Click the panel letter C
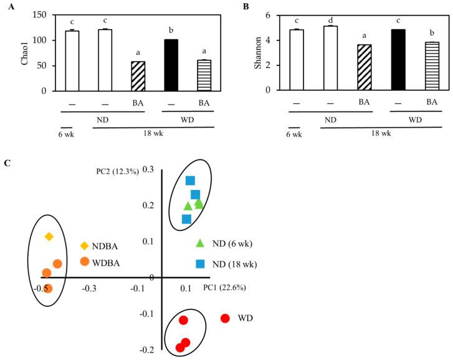pyautogui.click(x=7, y=163)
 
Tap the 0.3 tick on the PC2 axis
pyautogui.click(x=147, y=169)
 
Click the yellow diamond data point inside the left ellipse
pyautogui.click(x=49, y=237)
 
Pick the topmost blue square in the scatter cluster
pyautogui.click(x=191, y=181)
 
